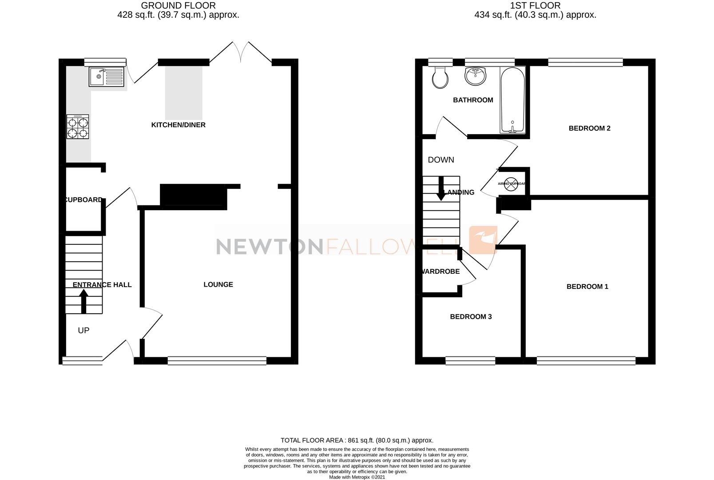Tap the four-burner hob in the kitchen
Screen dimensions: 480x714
click(78, 127)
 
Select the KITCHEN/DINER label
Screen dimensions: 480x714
click(178, 125)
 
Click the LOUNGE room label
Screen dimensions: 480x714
click(218, 284)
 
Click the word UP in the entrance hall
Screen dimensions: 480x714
click(83, 330)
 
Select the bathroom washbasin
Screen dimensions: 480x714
click(476, 76)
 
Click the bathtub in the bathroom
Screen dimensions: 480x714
click(513, 100)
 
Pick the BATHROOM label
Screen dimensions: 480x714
click(473, 100)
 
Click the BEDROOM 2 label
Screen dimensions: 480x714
click(589, 128)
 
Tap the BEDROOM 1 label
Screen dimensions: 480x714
click(587, 287)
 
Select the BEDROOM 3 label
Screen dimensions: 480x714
click(471, 317)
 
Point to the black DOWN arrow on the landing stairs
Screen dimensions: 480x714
click(441, 188)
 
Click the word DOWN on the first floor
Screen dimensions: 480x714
click(441, 160)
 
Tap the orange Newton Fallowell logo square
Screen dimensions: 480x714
click(484, 240)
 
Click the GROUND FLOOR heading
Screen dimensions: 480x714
click(178, 6)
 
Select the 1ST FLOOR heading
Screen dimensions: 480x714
click(535, 6)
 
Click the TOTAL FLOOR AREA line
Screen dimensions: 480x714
click(357, 440)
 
